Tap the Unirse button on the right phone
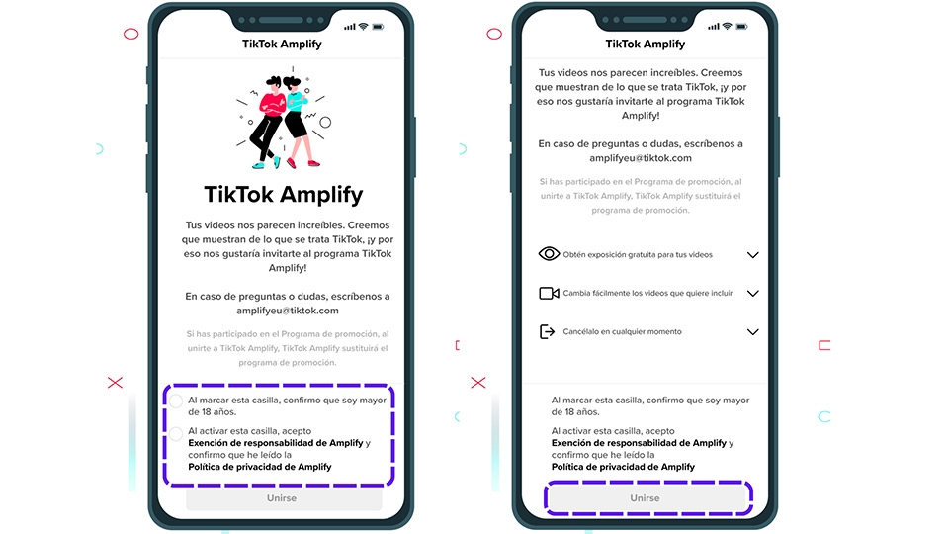pyautogui.click(x=645, y=498)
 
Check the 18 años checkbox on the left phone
pyautogui.click(x=176, y=400)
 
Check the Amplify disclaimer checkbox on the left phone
pyautogui.click(x=176, y=433)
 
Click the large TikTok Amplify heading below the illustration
pyautogui.click(x=283, y=194)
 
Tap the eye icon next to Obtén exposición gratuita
pyautogui.click(x=549, y=254)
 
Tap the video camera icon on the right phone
pyautogui.click(x=549, y=293)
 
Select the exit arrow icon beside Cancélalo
pyautogui.click(x=548, y=332)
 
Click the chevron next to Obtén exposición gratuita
pyautogui.click(x=752, y=255)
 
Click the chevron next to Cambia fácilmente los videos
pyautogui.click(x=752, y=294)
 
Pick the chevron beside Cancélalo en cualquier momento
pyautogui.click(x=752, y=332)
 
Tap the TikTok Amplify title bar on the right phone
pyautogui.click(x=645, y=44)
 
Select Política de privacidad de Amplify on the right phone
pyautogui.click(x=623, y=467)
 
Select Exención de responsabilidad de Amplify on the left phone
pyautogui.click(x=276, y=443)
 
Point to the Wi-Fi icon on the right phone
pyautogui.click(x=728, y=26)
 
